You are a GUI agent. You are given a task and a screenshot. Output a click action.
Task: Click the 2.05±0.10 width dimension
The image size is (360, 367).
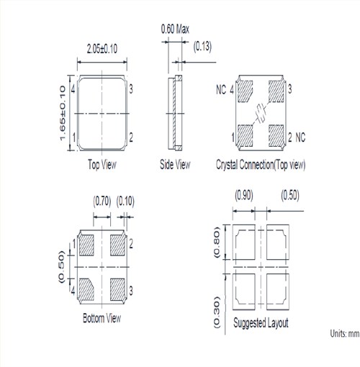102,49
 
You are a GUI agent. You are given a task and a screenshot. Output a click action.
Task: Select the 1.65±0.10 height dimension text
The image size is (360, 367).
62,113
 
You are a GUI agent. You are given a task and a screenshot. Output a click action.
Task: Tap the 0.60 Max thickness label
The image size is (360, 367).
175,29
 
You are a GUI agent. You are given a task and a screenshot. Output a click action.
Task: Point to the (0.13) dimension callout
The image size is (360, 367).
202,47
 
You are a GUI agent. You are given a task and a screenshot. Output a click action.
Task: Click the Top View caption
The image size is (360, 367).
102,165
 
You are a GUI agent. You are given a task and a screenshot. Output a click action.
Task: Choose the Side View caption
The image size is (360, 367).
175,165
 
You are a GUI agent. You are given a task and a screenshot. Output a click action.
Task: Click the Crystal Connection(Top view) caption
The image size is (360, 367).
261,165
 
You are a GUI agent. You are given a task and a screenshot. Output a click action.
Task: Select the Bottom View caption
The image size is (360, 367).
102,318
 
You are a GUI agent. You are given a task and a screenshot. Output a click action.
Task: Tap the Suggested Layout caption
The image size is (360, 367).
261,323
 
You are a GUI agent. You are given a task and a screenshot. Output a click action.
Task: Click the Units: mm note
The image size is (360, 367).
345,334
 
